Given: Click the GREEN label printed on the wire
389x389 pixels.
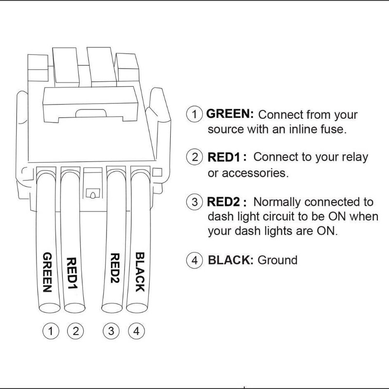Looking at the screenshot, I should pyautogui.click(x=48, y=271).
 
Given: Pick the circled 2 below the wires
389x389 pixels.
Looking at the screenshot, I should pyautogui.click(x=76, y=332).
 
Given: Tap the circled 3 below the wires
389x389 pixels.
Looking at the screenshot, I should pyautogui.click(x=112, y=332).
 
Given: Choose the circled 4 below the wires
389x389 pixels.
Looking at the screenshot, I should pyautogui.click(x=137, y=332).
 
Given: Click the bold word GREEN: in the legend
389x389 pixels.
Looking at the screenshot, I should pyautogui.click(x=230, y=115).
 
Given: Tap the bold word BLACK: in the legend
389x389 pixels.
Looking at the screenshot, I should pyautogui.click(x=230, y=260).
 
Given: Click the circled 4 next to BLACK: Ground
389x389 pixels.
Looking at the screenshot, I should pyautogui.click(x=194, y=260).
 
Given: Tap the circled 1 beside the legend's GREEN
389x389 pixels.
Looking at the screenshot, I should pyautogui.click(x=194, y=115).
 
